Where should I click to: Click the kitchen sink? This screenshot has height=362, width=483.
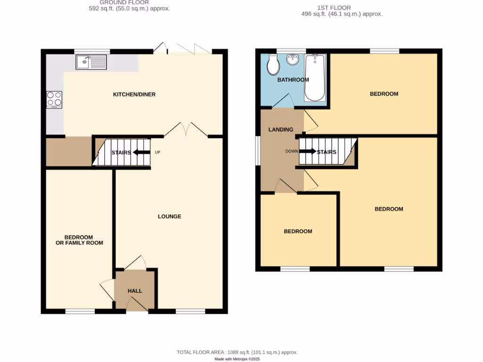(91, 62)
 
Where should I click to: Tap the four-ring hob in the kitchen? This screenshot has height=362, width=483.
(54, 99)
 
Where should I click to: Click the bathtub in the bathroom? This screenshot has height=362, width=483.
(315, 78)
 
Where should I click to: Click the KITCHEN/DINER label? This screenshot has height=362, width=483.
(134, 95)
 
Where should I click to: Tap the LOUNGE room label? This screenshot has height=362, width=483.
(169, 216)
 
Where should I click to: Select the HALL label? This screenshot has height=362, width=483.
(135, 291)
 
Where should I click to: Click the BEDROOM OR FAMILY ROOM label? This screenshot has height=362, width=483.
(79, 240)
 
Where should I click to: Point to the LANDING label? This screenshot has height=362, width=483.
(281, 130)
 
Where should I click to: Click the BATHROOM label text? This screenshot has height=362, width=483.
(293, 80)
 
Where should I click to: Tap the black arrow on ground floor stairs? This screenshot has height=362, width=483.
(140, 152)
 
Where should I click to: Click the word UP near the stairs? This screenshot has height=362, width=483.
(157, 152)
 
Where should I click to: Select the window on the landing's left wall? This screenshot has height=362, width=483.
(258, 151)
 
